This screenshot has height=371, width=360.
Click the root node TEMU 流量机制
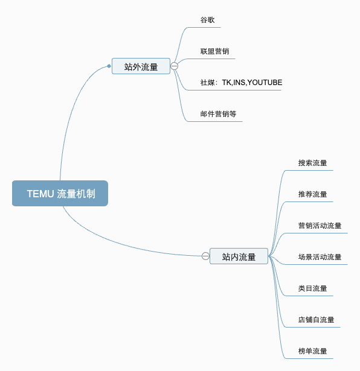(x=60, y=194)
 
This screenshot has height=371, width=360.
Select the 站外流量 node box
(x=141, y=66)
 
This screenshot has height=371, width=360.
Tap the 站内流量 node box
(x=239, y=256)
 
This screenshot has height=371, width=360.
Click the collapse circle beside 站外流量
(x=174, y=66)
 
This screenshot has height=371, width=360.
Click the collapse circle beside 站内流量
(x=205, y=256)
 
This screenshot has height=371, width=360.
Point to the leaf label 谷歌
(x=207, y=20)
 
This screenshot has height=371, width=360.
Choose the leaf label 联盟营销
(x=214, y=51)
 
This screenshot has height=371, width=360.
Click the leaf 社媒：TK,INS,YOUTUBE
(x=241, y=83)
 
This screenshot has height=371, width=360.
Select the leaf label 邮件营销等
(x=218, y=114)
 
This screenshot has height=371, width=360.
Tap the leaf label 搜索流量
(x=312, y=163)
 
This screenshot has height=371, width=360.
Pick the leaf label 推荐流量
(x=312, y=194)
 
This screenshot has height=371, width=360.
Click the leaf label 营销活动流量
(x=320, y=226)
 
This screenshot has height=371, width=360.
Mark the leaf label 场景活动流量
(x=320, y=257)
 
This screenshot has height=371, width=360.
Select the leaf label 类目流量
(x=312, y=288)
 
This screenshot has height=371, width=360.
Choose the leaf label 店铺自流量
(x=316, y=320)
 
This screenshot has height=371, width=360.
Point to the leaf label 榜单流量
(x=312, y=351)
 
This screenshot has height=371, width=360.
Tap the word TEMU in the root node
(x=40, y=194)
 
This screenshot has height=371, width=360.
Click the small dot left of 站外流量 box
(x=109, y=66)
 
